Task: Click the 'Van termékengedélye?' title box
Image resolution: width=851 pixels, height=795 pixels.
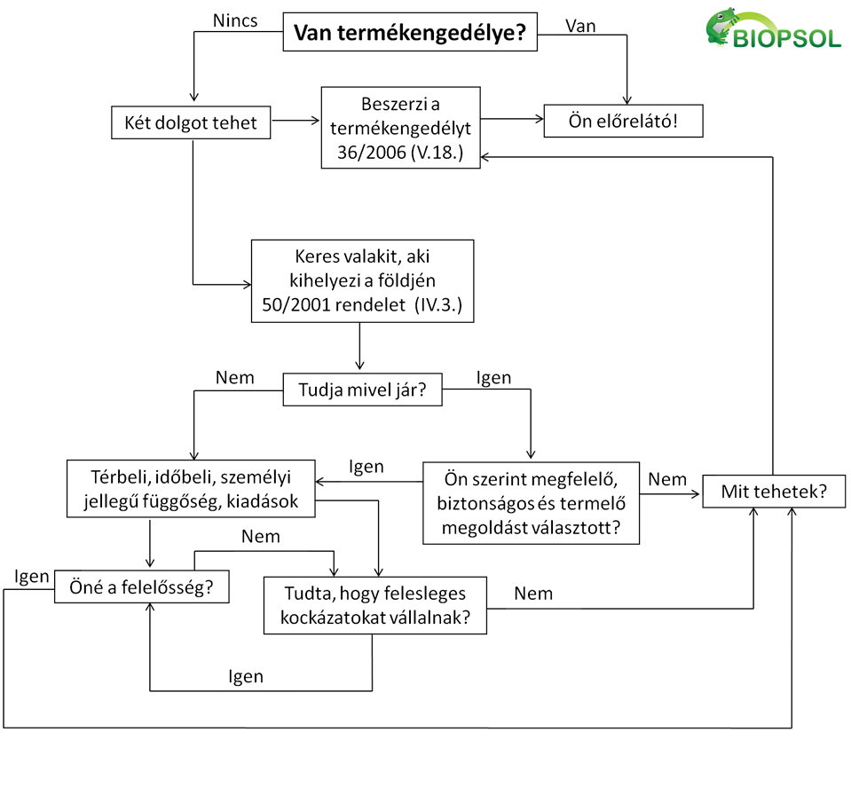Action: [410, 35]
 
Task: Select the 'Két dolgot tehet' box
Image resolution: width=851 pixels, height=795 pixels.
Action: [192, 122]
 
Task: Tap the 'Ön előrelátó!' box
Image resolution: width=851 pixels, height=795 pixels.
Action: [622, 122]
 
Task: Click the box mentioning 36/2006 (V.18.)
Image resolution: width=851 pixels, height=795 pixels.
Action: [400, 127]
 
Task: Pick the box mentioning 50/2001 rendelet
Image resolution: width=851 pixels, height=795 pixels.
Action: [362, 280]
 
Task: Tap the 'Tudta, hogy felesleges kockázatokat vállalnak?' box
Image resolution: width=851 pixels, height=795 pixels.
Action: [375, 605]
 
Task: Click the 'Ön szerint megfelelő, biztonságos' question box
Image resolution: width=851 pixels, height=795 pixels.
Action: [530, 502]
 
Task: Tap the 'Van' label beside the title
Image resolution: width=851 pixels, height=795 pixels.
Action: [580, 25]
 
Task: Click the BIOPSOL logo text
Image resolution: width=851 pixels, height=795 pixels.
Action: [788, 38]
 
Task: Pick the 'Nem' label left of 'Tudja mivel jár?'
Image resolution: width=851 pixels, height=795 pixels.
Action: [234, 377]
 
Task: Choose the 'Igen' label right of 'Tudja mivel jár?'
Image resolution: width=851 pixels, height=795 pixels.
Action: [494, 377]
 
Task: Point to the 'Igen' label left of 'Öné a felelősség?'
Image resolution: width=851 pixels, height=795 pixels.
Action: [31, 576]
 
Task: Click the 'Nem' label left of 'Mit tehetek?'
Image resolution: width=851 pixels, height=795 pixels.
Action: [667, 479]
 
